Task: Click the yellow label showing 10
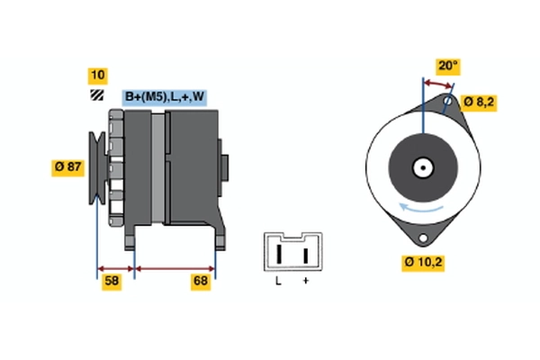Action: tap(96, 75)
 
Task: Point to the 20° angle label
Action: tap(447, 65)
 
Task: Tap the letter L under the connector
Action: tap(279, 282)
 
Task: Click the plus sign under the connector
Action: tap(306, 282)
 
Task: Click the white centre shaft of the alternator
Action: tap(421, 167)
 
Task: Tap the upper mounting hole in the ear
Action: tap(447, 102)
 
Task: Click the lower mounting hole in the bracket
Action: tap(423, 236)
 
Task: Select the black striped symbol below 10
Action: tap(96, 95)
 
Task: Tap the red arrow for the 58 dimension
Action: tap(115, 268)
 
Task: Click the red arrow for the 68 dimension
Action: tap(175, 268)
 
